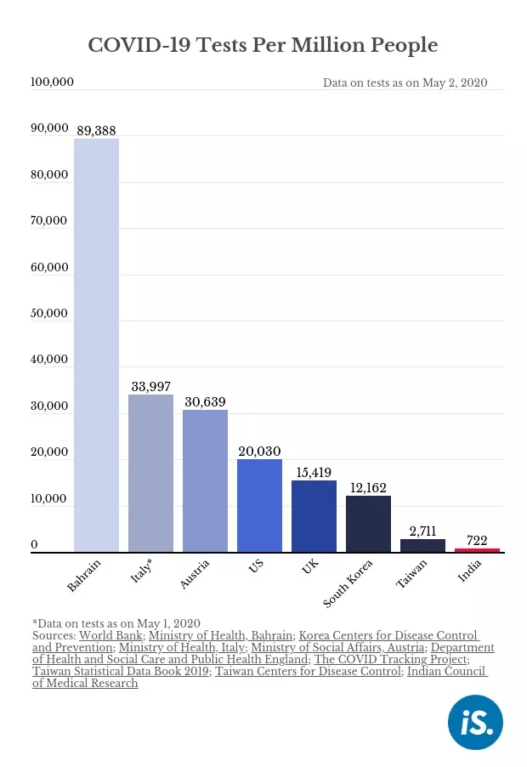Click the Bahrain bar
[x=96, y=345]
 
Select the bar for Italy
[x=150, y=473]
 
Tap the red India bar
[x=477, y=550]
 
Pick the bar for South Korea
[x=368, y=524]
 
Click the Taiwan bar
[x=422, y=545]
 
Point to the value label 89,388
[x=96, y=131]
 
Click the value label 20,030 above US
[x=259, y=451]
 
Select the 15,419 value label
[x=314, y=473]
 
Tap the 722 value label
[x=477, y=541]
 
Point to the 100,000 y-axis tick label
[x=53, y=82]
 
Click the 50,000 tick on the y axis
[x=49, y=313]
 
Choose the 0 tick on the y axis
[x=34, y=544]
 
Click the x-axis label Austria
[x=195, y=574]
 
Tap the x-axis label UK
[x=310, y=566]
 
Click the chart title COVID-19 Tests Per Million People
[x=263, y=45]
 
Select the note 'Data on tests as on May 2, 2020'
[x=405, y=82]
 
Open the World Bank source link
[x=111, y=635]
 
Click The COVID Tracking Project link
[x=391, y=659]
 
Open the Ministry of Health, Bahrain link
[x=220, y=635]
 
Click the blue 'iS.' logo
[x=475, y=722]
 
